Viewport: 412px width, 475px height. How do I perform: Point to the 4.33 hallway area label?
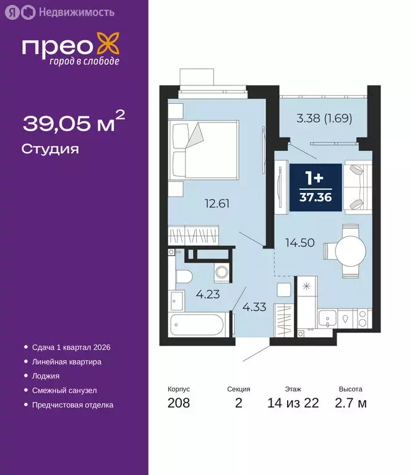pyautogui.click(x=254, y=307)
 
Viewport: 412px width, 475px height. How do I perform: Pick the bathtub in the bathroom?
pyautogui.click(x=198, y=324)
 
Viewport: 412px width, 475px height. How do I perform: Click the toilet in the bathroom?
pyautogui.click(x=183, y=278)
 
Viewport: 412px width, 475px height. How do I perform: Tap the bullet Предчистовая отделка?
pyautogui.click(x=72, y=405)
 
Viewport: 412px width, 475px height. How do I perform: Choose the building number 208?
pyautogui.click(x=178, y=404)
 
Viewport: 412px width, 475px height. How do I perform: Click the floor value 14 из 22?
pyautogui.click(x=293, y=404)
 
